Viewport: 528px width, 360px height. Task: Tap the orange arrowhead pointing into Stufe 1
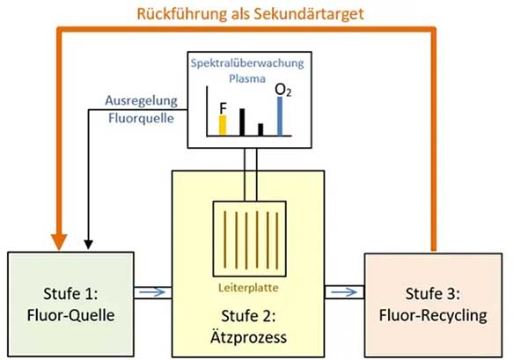point(59,239)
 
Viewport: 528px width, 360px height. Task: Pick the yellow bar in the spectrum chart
point(223,124)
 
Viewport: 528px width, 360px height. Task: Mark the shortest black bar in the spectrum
point(260,129)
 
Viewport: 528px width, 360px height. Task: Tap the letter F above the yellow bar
point(223,106)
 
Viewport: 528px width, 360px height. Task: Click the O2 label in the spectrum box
point(282,88)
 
